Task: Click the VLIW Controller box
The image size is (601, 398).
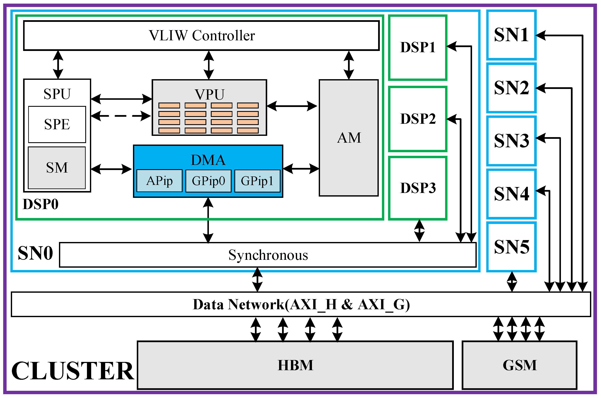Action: point(202,35)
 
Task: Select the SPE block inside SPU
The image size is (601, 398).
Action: point(57,124)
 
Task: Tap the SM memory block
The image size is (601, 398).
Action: point(57,168)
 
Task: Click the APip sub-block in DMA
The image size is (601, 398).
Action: point(159,181)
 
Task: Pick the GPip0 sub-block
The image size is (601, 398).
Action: point(208,181)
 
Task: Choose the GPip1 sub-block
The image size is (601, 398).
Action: point(257,181)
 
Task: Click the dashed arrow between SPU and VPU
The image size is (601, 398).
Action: point(121,116)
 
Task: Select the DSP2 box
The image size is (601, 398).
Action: point(418,119)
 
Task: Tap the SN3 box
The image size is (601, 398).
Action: point(511,141)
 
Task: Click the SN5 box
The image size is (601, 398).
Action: point(511,247)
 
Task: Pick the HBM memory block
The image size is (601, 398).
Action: point(295,365)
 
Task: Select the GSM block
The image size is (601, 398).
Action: point(519,365)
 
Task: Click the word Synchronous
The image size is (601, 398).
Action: point(268,255)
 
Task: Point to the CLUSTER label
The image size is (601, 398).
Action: point(73,371)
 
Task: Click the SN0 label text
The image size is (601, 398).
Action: point(35,253)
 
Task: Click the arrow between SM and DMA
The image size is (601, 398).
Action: point(111,169)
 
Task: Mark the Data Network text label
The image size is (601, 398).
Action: point(301,304)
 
